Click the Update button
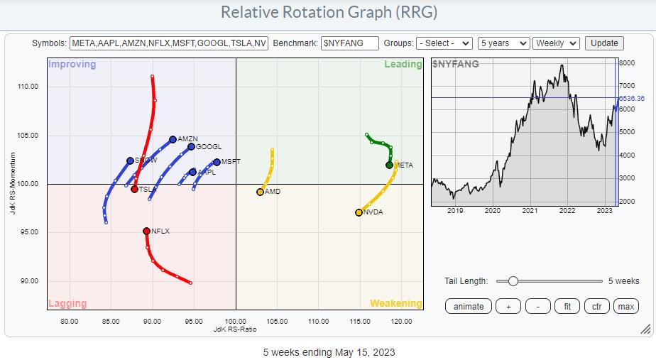(x=604, y=43)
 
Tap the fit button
(x=567, y=306)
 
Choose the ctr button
(x=597, y=306)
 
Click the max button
(x=625, y=306)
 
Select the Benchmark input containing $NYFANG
(x=349, y=43)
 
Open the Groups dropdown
(x=444, y=43)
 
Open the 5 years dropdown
(x=503, y=43)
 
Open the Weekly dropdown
(x=556, y=43)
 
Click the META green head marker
(x=389, y=165)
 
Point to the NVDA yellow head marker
(x=359, y=212)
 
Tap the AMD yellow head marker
(x=260, y=192)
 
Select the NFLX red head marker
(x=146, y=231)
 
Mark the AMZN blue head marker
(x=173, y=140)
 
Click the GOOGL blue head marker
(x=191, y=147)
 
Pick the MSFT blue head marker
(x=217, y=162)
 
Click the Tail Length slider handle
(x=513, y=281)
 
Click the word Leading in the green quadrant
(x=403, y=65)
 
